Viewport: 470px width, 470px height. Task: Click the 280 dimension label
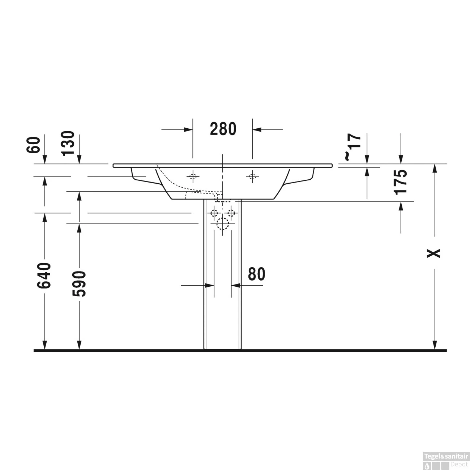(x=223, y=129)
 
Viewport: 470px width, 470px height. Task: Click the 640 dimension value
(x=44, y=275)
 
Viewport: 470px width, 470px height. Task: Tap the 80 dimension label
(x=256, y=274)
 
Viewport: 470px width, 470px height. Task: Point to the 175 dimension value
(x=401, y=182)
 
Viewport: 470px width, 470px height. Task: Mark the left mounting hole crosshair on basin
(x=193, y=176)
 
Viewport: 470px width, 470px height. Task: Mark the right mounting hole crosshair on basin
(x=252, y=176)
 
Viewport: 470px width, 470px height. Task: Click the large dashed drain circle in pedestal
(x=223, y=225)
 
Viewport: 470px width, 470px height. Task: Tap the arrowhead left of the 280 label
(x=188, y=129)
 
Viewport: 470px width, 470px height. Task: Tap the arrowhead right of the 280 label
(x=257, y=129)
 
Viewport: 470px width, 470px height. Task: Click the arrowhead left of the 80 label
(x=210, y=286)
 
